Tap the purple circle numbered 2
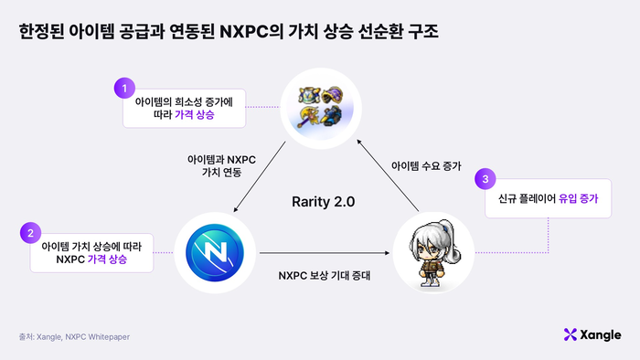32,234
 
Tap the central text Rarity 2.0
323,200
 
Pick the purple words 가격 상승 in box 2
107,259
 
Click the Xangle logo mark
571,334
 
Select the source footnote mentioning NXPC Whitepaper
75,336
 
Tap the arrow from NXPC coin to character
320,252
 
